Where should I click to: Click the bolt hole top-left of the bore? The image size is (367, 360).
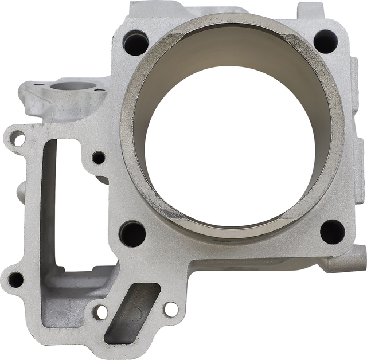click(x=135, y=42)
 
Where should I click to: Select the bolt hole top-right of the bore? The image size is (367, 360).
click(x=325, y=41)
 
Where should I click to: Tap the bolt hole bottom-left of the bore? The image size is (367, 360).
click(x=133, y=233)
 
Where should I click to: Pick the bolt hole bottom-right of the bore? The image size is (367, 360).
click(x=332, y=231)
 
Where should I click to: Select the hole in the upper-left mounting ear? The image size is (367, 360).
click(x=18, y=138)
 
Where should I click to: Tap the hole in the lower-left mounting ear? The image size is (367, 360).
click(x=15, y=280)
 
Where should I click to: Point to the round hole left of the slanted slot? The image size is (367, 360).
click(x=101, y=312)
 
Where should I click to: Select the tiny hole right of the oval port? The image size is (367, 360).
click(x=99, y=90)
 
